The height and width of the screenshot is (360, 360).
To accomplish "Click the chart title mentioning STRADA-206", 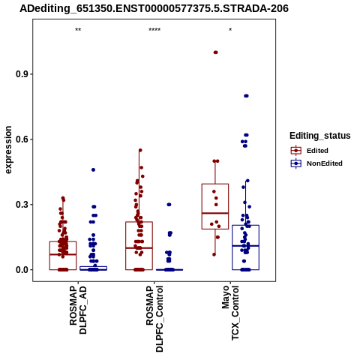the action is (x=154, y=9).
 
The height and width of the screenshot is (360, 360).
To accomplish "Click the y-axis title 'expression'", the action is (x=8, y=150).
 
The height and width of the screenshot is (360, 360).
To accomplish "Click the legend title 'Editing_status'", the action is (x=320, y=136).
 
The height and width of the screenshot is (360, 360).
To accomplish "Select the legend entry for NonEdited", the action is (x=316, y=163).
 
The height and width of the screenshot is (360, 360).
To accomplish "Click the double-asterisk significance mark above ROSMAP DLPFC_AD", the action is (x=78, y=30).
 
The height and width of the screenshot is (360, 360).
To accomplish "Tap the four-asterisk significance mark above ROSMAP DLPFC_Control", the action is (x=154, y=30).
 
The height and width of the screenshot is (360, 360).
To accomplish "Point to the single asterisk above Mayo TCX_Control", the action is (x=230, y=30).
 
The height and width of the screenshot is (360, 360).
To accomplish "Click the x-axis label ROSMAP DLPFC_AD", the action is (x=78, y=310).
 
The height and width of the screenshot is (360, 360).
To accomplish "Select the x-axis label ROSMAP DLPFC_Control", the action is (x=154, y=319).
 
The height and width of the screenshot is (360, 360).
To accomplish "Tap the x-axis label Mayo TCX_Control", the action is (x=230, y=313).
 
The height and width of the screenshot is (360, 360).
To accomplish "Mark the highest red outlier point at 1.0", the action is (x=215, y=52).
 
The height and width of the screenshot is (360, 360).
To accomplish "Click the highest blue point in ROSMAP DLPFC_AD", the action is (x=93, y=169).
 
